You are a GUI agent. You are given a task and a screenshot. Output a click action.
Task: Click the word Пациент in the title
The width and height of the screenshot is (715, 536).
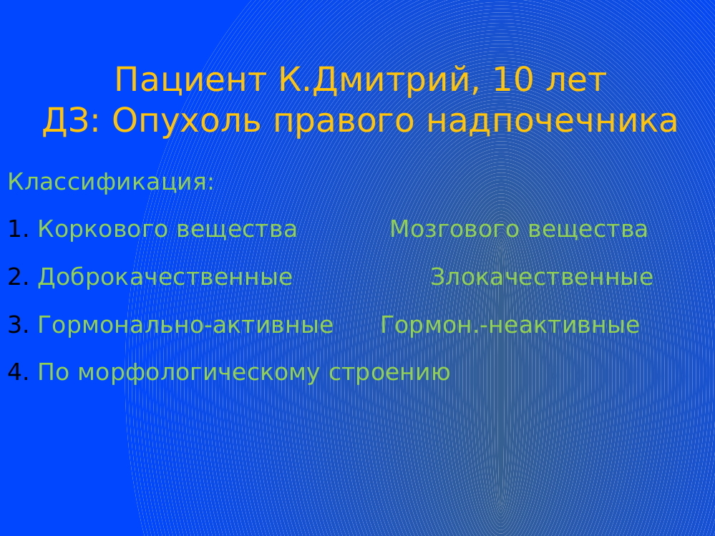[x=190, y=81]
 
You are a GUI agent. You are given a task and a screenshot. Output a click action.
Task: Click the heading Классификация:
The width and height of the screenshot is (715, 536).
[x=111, y=182]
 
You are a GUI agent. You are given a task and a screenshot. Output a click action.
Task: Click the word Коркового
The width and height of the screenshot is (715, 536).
[x=103, y=229]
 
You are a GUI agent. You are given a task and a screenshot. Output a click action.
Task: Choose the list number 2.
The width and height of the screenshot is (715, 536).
[x=18, y=277]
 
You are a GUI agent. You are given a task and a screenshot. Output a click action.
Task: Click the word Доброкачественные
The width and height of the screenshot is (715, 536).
[x=165, y=278]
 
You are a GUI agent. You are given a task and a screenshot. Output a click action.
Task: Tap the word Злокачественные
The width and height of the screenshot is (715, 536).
[x=542, y=278]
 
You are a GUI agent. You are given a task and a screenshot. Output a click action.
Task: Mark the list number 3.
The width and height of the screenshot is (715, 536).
[x=18, y=324]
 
